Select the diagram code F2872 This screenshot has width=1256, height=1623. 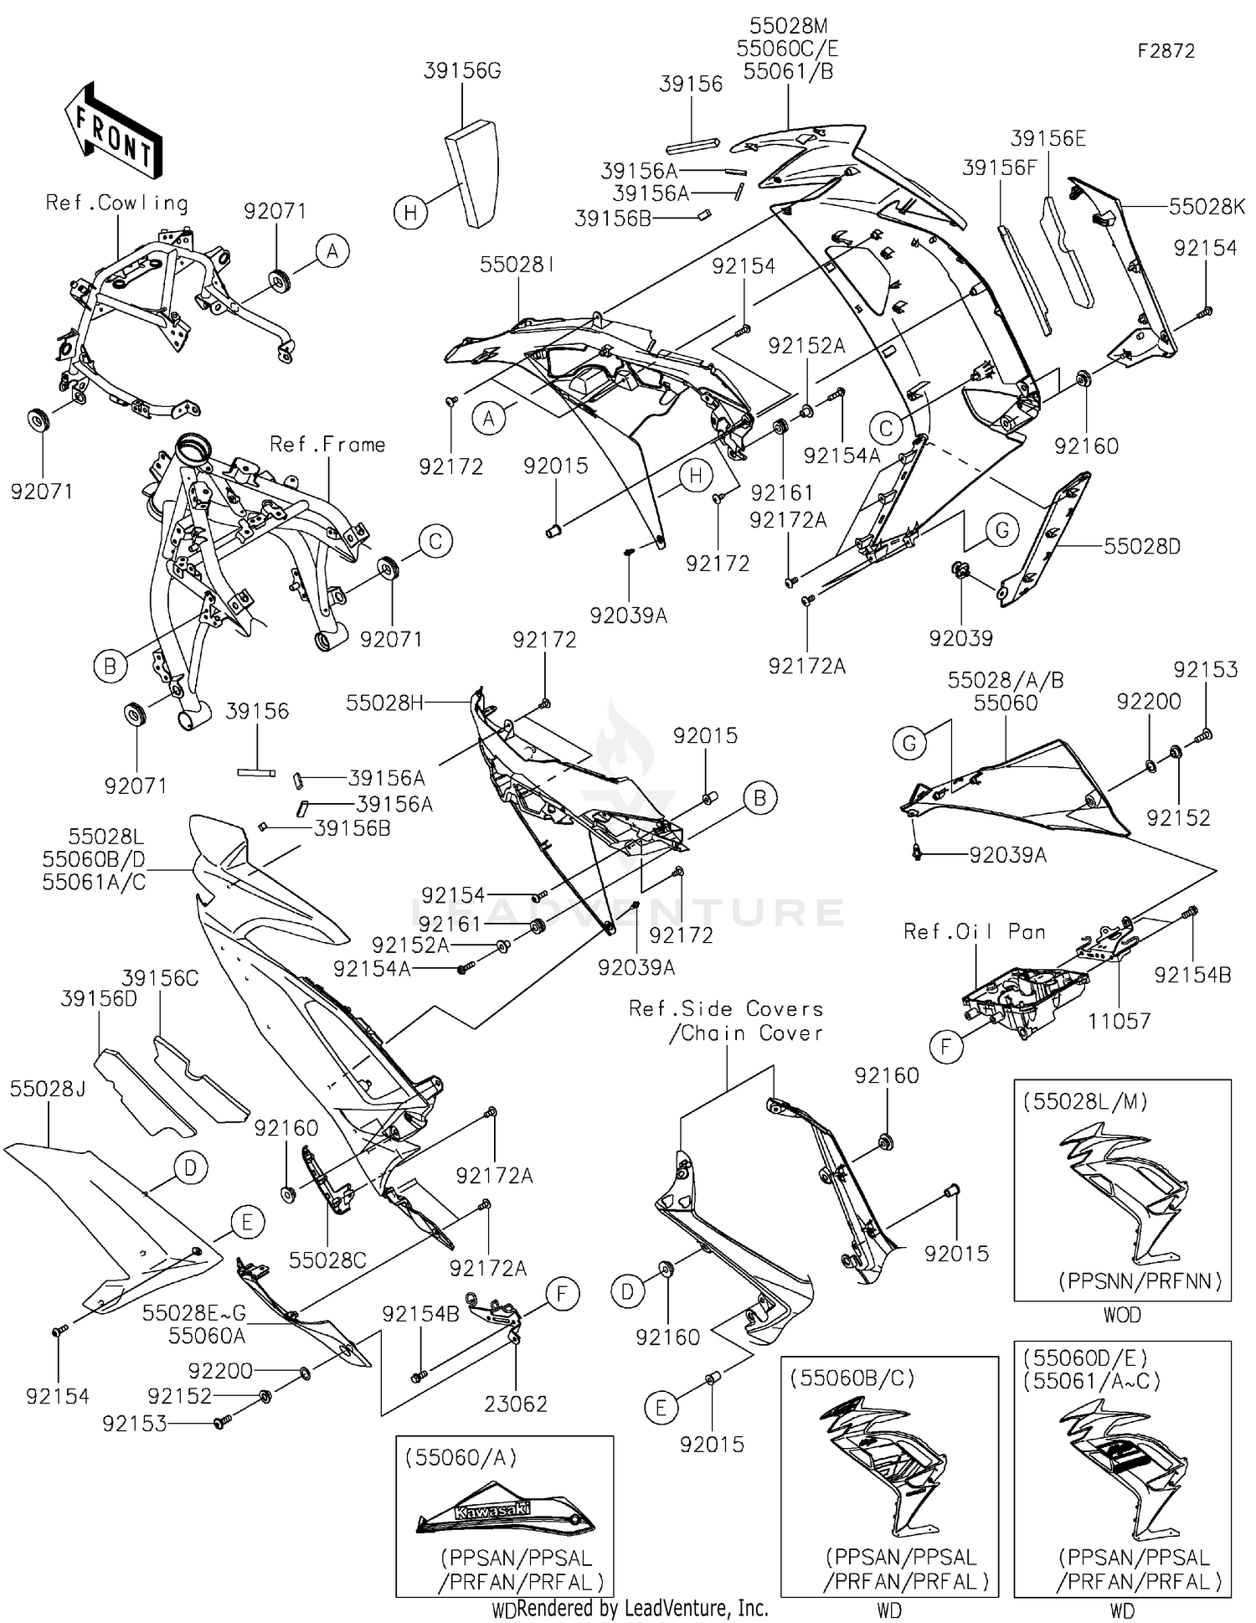pyautogui.click(x=1166, y=51)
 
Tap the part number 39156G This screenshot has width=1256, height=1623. pyautogui.click(x=462, y=71)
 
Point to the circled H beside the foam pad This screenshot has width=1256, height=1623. pyautogui.click(x=410, y=213)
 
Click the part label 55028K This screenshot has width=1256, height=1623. pyautogui.click(x=1207, y=207)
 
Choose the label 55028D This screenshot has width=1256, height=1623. pyautogui.click(x=1141, y=547)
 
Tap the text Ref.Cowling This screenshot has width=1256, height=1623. pyautogui.click(x=116, y=203)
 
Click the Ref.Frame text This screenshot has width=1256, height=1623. pyautogui.click(x=327, y=445)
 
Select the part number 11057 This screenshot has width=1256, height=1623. pyautogui.click(x=1119, y=1021)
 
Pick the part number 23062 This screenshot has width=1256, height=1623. pyautogui.click(x=516, y=1404)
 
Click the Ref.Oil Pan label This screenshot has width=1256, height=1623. pyautogui.click(x=974, y=932)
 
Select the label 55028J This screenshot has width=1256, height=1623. pyautogui.click(x=48, y=1089)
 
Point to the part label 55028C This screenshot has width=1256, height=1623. pyautogui.click(x=327, y=1260)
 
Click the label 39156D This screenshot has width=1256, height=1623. pyautogui.click(x=99, y=999)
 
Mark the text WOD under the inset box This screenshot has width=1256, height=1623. pyautogui.click(x=1121, y=1315)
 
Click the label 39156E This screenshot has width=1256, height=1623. pyautogui.click(x=1048, y=139)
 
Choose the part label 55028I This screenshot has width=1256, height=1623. pyautogui.click(x=517, y=265)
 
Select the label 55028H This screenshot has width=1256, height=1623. pyautogui.click(x=384, y=703)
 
